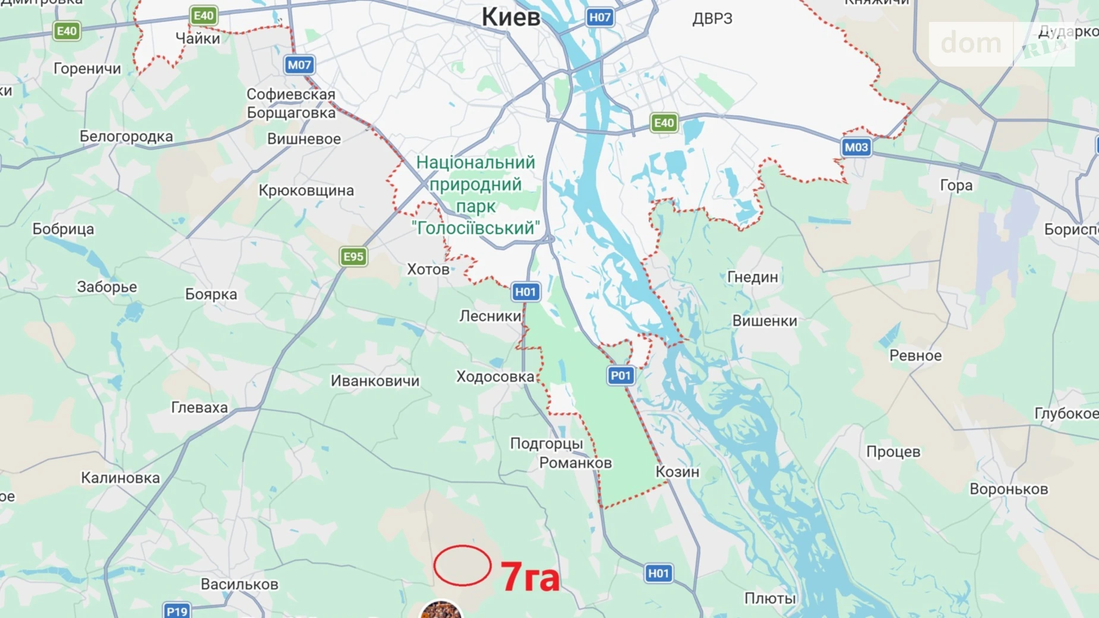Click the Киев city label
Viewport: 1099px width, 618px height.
coord(511,17)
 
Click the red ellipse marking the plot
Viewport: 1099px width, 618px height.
coord(462,566)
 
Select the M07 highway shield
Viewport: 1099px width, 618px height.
coord(299,65)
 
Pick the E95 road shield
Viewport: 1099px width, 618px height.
coord(353,257)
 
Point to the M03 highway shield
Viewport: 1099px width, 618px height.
coord(856,147)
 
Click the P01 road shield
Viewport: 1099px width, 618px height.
coord(620,376)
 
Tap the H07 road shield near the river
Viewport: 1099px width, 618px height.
coord(599,17)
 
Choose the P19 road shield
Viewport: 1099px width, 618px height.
coord(177,610)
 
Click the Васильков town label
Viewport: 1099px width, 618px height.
coord(239,584)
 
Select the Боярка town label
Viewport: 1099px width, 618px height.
coord(211,294)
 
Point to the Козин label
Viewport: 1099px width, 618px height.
coord(677,472)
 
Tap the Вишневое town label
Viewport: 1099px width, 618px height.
coord(304,139)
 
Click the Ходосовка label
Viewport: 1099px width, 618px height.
coord(495,377)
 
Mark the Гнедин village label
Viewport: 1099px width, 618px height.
coord(752,277)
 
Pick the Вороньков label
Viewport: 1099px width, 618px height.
coord(1008,489)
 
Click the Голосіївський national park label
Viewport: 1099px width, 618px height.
coord(475,196)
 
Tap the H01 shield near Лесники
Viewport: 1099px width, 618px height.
coord(525,292)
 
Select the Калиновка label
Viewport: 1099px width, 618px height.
coord(120,478)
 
